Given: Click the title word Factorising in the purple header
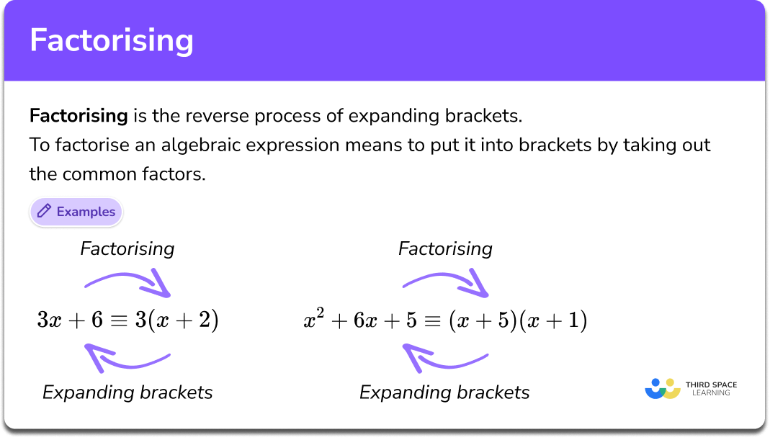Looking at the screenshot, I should pos(112,41).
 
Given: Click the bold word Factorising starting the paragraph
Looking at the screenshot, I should pos(79,115).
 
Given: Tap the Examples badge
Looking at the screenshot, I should pos(76,212).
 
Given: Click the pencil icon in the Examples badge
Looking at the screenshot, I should pos(44,212).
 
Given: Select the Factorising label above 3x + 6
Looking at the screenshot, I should pos(127,249).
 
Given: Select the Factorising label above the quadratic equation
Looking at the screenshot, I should pos(445,249).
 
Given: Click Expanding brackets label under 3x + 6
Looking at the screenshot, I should pos(127,392).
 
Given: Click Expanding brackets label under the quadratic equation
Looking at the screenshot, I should pos(444,392).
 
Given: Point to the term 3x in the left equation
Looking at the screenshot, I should pos(49,320).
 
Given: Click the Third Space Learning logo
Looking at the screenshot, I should pos(691,389).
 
